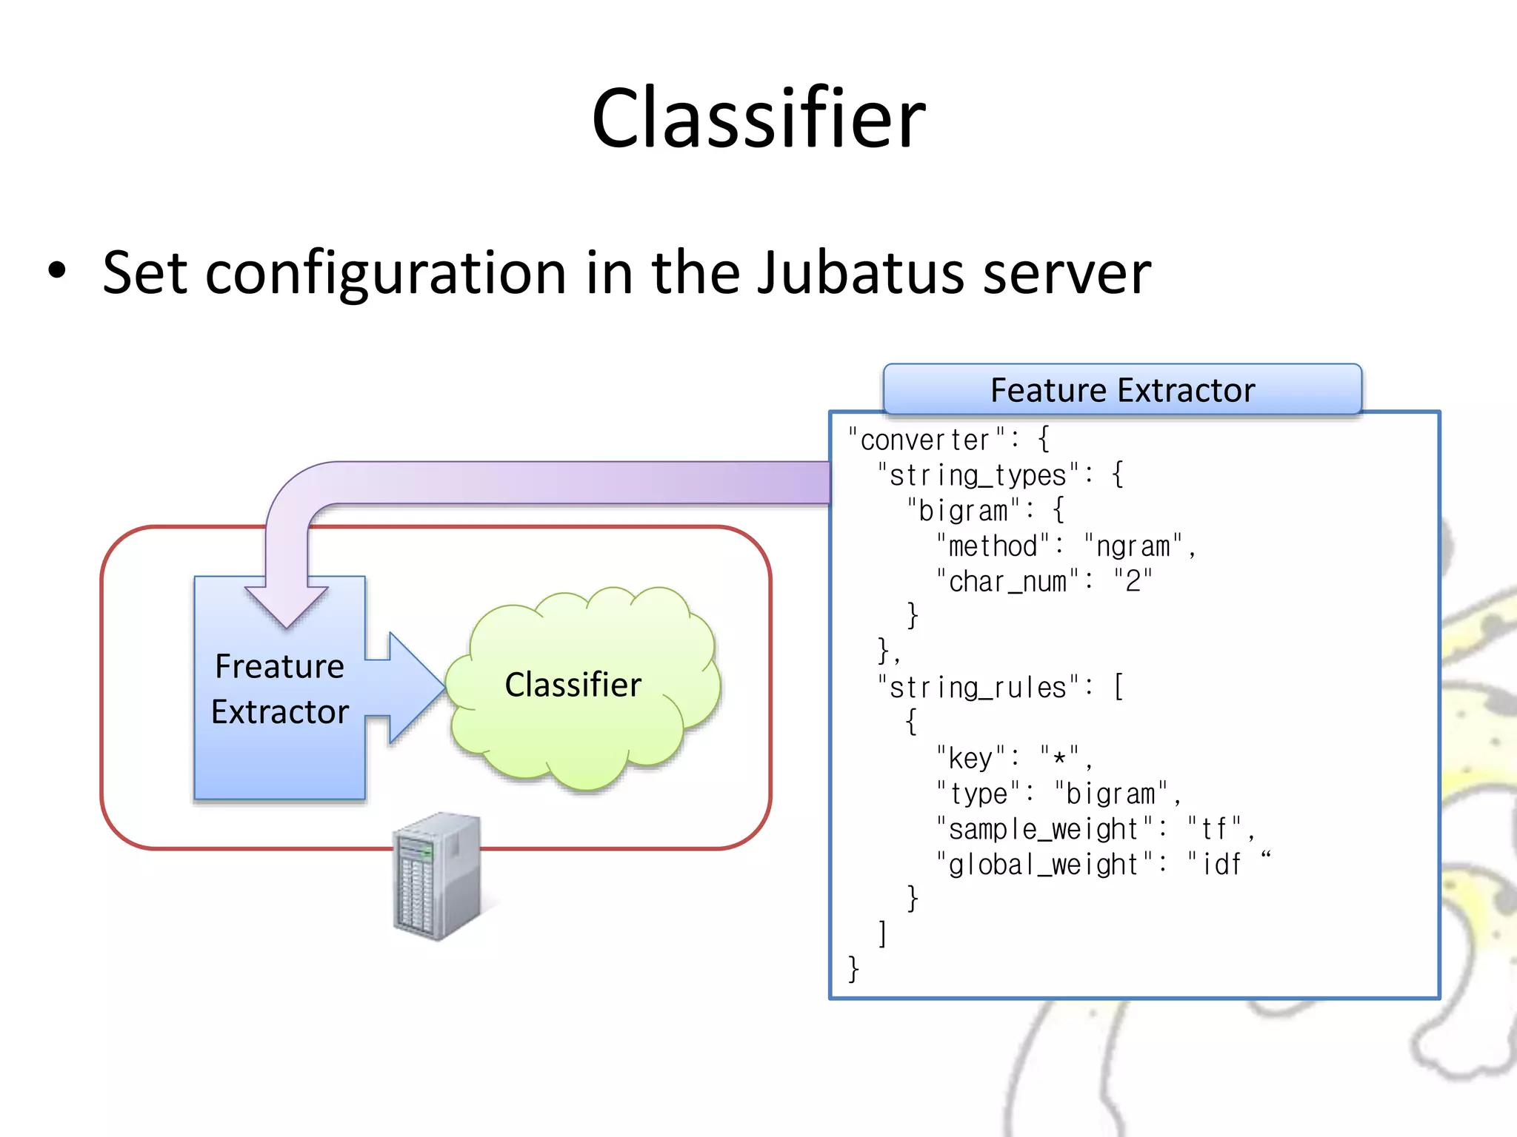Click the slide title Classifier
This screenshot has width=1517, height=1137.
coord(758,118)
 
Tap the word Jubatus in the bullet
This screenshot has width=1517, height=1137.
coord(860,272)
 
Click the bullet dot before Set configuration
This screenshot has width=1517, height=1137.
coord(57,271)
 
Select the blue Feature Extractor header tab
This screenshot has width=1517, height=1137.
coord(1122,389)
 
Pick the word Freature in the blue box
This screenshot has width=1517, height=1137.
coord(279,666)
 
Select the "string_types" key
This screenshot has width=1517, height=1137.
coord(978,476)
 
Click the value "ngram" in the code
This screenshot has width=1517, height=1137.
coord(1133,547)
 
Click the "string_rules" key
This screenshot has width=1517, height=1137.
coord(978,688)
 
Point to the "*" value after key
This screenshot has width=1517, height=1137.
coord(1059,758)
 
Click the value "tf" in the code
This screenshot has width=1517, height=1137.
coord(1215,830)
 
